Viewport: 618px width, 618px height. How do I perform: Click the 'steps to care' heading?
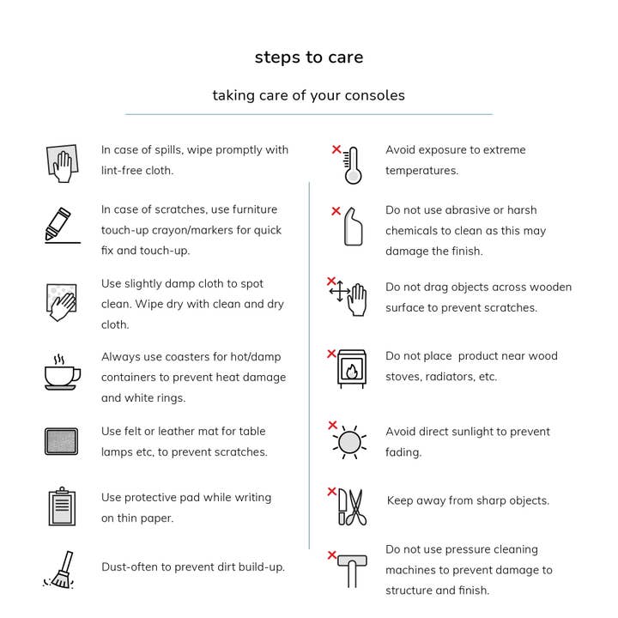(309, 58)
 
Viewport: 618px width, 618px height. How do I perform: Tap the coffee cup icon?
(62, 373)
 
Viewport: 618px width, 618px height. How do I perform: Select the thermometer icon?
(352, 165)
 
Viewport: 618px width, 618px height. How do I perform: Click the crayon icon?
(60, 224)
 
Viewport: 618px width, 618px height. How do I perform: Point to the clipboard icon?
(62, 506)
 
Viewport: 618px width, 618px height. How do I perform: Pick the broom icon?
(59, 570)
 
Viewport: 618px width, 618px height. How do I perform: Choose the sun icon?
(348, 442)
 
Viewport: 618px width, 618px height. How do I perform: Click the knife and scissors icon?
(351, 506)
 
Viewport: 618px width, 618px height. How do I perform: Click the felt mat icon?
(61, 441)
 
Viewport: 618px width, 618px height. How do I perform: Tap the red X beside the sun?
(332, 425)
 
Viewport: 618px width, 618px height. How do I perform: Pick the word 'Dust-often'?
(130, 567)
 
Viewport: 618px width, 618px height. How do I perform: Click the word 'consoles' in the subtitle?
(372, 95)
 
